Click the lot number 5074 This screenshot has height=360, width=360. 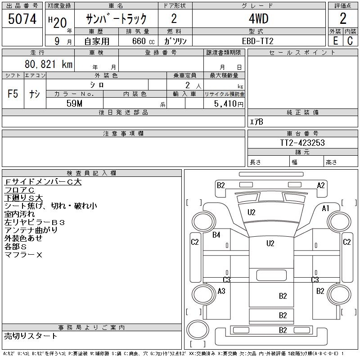(22, 19)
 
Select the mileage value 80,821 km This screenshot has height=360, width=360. (49, 64)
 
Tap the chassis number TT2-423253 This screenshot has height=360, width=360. (302, 143)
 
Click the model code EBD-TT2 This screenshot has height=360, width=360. (257, 41)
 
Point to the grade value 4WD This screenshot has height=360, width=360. (258, 18)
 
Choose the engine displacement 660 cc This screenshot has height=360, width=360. (143, 41)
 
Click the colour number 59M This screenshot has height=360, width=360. (74, 103)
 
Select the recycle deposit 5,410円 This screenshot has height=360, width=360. (229, 104)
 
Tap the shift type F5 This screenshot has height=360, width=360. (13, 94)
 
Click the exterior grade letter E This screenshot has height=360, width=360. (335, 41)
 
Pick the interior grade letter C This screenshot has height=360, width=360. (350, 41)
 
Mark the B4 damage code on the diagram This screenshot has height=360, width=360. (216, 234)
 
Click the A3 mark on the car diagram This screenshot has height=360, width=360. (221, 291)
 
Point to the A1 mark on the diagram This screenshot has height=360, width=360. (325, 208)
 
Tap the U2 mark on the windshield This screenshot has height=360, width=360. (252, 212)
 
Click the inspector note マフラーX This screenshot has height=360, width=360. (23, 255)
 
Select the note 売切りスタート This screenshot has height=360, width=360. (31, 336)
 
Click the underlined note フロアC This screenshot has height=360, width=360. (19, 190)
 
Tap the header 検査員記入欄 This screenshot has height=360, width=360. (91, 173)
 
